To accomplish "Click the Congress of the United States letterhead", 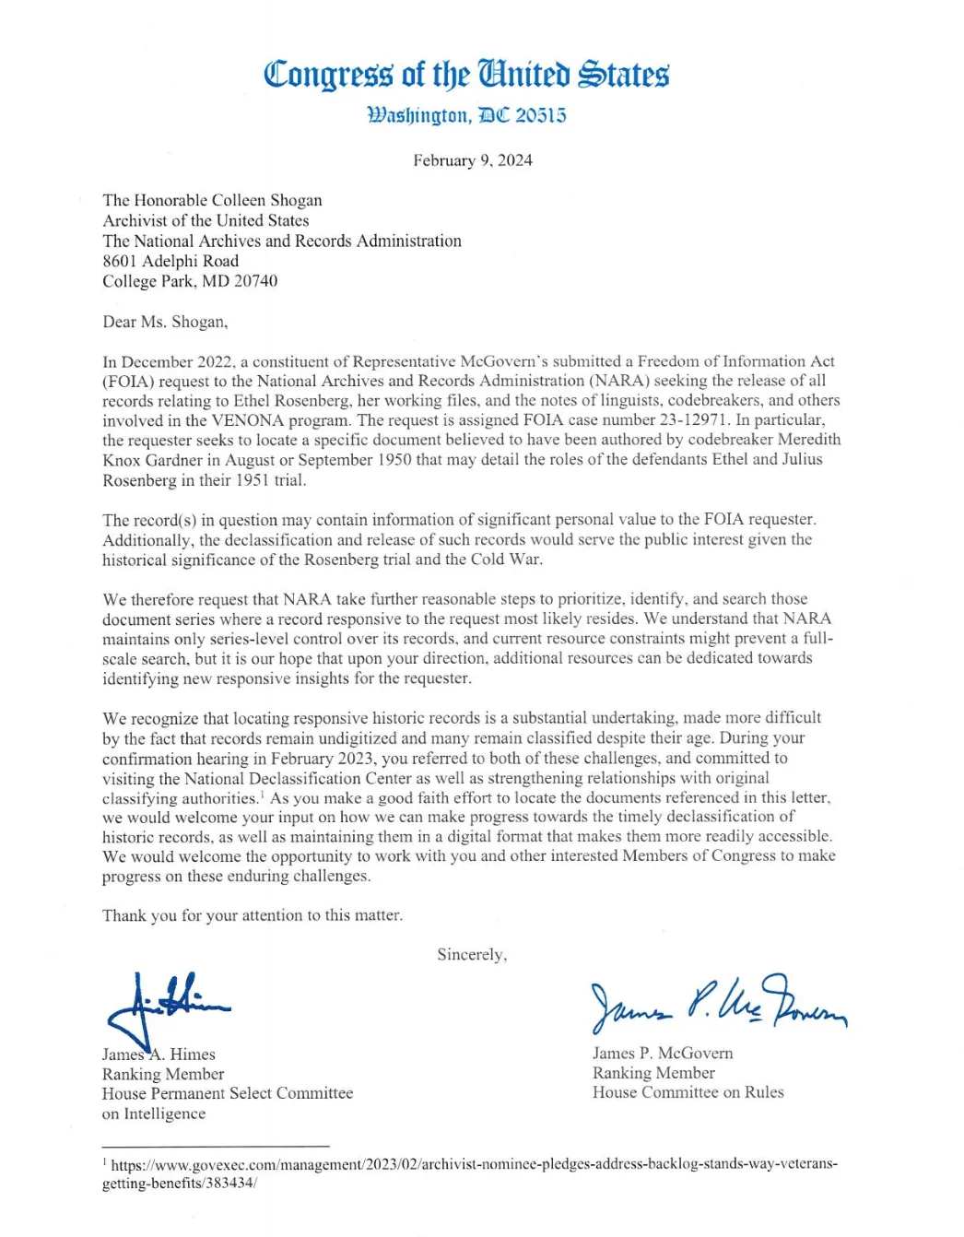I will pyautogui.click(x=466, y=74).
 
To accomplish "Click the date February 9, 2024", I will pyautogui.click(x=472, y=160).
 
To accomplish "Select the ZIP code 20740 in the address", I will pyautogui.click(x=255, y=281).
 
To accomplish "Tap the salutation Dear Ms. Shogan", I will pyautogui.click(x=165, y=322).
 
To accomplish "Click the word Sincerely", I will pyautogui.click(x=472, y=955).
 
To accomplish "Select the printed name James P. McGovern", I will pyautogui.click(x=663, y=1053).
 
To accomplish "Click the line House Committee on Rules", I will pyautogui.click(x=688, y=1092).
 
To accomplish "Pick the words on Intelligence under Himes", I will pyautogui.click(x=154, y=1113).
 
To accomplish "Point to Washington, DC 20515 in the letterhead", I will pyautogui.click(x=466, y=116).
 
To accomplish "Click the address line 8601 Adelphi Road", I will pyautogui.click(x=170, y=261).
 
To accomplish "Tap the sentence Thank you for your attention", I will pyautogui.click(x=253, y=915).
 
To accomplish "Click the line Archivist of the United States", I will pyautogui.click(x=206, y=220).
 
